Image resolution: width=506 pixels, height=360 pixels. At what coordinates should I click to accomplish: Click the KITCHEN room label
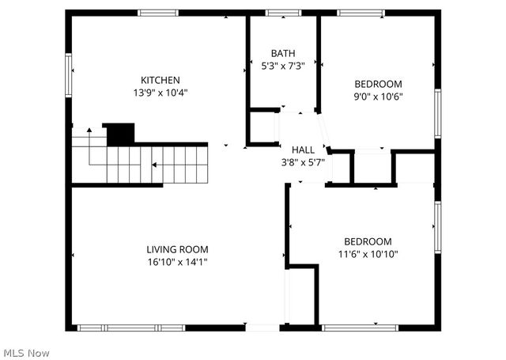(x=160, y=80)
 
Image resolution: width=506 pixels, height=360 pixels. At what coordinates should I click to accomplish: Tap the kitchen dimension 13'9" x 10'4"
(x=160, y=93)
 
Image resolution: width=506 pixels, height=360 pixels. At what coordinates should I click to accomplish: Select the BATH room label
(x=283, y=53)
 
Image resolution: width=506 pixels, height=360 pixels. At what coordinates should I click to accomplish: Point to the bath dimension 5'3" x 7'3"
(x=283, y=66)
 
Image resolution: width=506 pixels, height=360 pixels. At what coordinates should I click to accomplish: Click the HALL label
(x=303, y=150)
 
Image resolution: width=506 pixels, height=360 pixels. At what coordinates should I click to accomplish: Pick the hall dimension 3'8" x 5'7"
(x=303, y=162)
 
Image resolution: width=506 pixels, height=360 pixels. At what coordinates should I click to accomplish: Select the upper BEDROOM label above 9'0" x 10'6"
(x=377, y=84)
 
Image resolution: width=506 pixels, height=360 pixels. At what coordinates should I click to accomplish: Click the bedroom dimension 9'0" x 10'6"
(x=377, y=97)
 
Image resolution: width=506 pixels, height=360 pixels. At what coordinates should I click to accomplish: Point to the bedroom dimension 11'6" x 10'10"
(x=367, y=254)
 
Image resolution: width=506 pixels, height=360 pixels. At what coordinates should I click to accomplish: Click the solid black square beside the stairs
(x=120, y=134)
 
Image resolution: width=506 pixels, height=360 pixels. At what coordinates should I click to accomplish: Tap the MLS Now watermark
(x=27, y=351)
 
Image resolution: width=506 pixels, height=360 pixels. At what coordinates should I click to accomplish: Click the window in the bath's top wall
(x=278, y=13)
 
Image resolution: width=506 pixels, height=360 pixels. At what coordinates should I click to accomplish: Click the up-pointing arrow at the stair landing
(x=89, y=130)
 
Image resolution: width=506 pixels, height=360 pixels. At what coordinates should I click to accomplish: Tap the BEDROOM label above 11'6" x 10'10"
(x=367, y=241)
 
